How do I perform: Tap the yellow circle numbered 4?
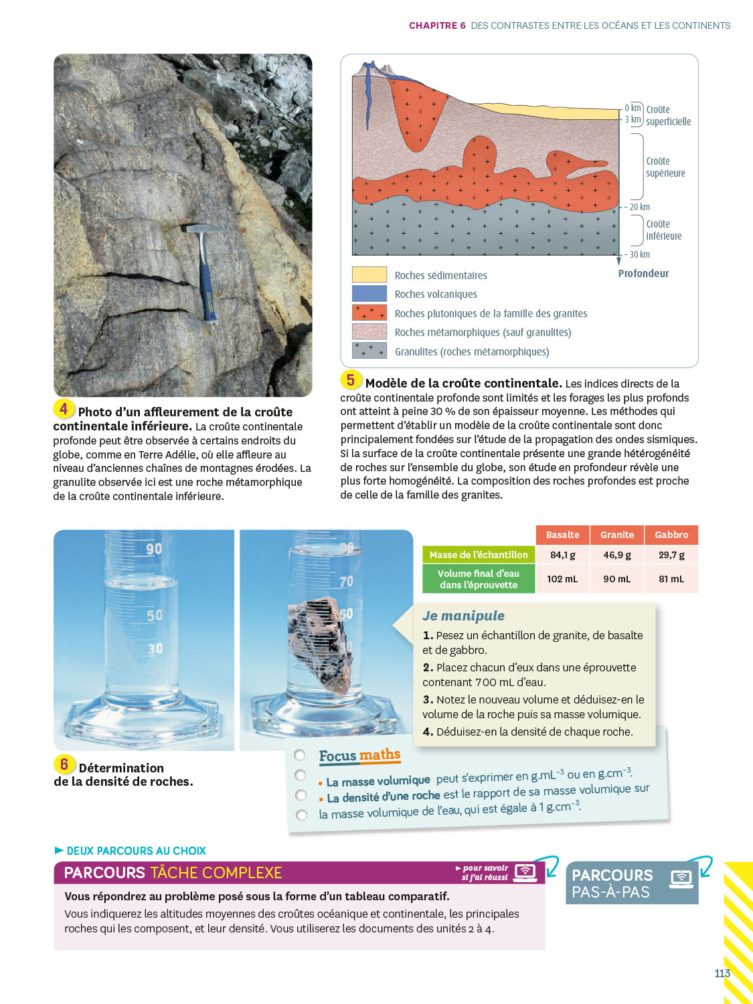click(64, 408)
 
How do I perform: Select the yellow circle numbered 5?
click(351, 380)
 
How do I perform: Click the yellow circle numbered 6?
click(64, 764)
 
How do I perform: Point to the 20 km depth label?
click(639, 207)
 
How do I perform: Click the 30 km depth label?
click(639, 254)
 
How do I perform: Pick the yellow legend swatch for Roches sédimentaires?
click(369, 274)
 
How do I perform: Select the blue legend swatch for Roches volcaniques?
click(369, 293)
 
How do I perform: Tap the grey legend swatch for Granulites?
click(369, 351)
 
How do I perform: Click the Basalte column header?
click(562, 535)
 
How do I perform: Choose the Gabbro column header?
click(671, 535)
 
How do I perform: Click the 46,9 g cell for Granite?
click(616, 555)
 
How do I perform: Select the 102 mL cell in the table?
click(562, 579)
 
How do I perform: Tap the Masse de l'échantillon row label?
click(479, 555)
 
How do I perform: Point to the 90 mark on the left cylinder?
click(154, 550)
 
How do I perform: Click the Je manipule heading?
click(463, 616)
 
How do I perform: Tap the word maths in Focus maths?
click(380, 755)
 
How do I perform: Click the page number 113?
click(722, 973)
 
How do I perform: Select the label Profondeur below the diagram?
click(643, 273)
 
